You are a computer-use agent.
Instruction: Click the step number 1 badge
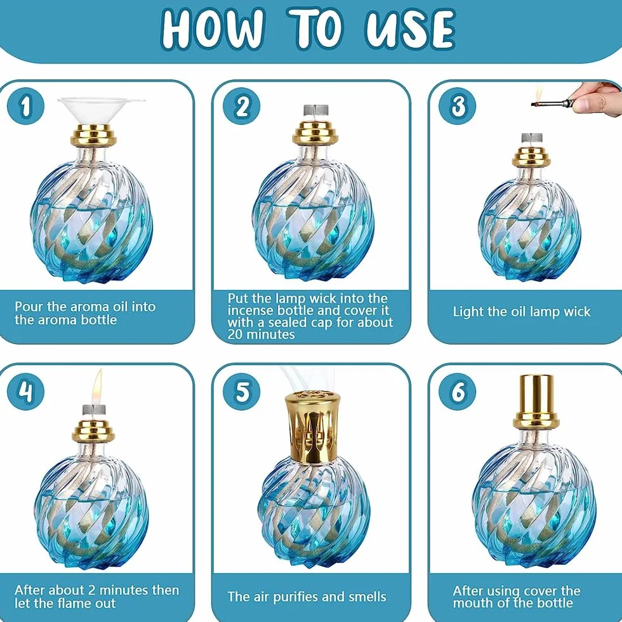[26, 106]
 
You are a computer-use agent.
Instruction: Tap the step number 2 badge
[242, 106]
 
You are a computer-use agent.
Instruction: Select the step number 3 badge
[458, 106]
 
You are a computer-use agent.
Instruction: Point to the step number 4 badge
[26, 392]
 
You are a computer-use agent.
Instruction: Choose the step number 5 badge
[242, 392]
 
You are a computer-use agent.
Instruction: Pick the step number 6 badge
[458, 392]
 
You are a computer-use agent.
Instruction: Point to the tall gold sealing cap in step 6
[536, 401]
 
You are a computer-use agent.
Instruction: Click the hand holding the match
[598, 98]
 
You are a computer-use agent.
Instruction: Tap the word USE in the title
[410, 29]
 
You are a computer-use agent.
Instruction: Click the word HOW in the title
[213, 29]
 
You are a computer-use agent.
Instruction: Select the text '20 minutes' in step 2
[261, 334]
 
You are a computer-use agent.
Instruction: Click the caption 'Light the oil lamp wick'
[522, 312]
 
